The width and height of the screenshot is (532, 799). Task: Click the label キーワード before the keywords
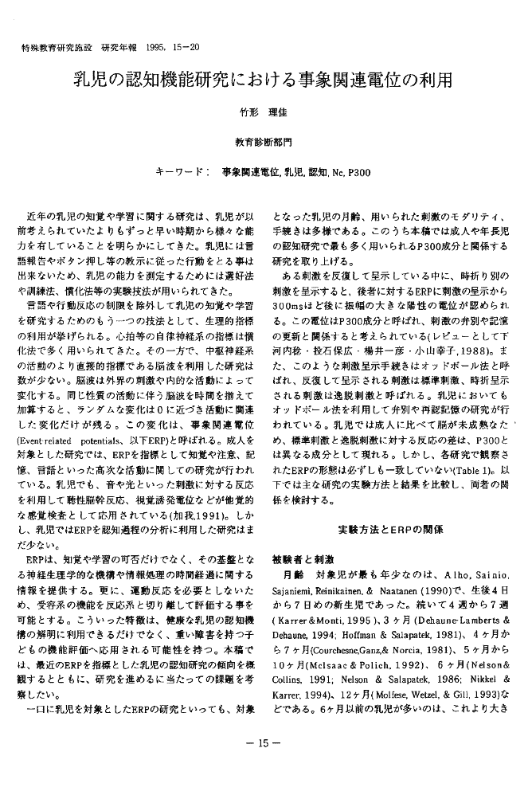pyautogui.click(x=183, y=171)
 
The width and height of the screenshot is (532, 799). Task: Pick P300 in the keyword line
pyautogui.click(x=358, y=171)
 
